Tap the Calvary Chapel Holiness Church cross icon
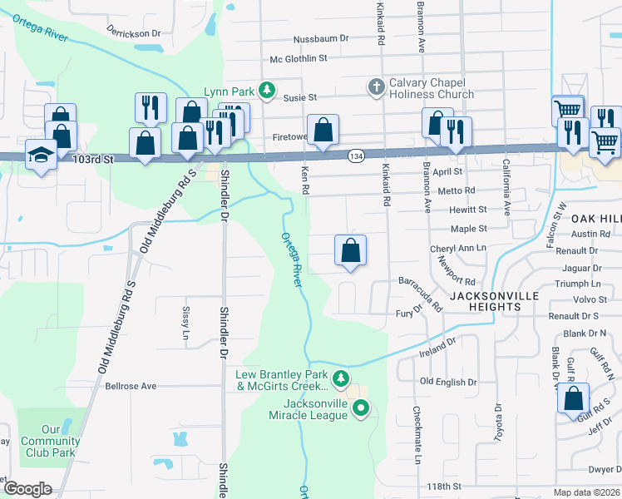tap(376, 86)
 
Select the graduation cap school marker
tap(41, 155)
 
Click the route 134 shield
tap(356, 156)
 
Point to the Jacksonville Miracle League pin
tap(361, 408)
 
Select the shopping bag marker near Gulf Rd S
tap(573, 398)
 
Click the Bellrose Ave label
tap(131, 387)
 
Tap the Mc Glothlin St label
tap(299, 59)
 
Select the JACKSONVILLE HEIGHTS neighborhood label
tap(496, 301)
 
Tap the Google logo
tap(27, 490)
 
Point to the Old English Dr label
tap(448, 383)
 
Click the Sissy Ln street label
tap(185, 320)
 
